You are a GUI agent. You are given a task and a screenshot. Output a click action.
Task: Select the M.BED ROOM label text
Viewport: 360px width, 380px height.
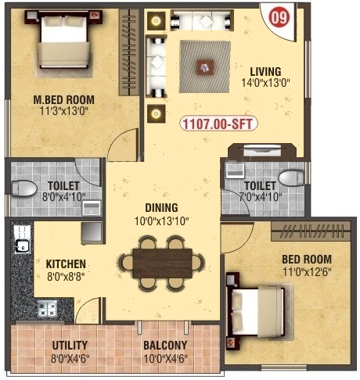pyautogui.click(x=64, y=99)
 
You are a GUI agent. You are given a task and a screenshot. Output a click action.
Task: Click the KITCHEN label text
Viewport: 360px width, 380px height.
pyautogui.click(x=66, y=264)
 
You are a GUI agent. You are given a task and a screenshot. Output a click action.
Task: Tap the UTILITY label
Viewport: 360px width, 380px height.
pyautogui.click(x=70, y=345)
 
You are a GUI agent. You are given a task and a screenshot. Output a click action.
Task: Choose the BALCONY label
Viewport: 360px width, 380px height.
pyautogui.click(x=164, y=345)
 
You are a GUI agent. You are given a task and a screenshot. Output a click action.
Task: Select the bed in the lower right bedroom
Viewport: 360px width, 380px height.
pyautogui.click(x=256, y=310)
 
